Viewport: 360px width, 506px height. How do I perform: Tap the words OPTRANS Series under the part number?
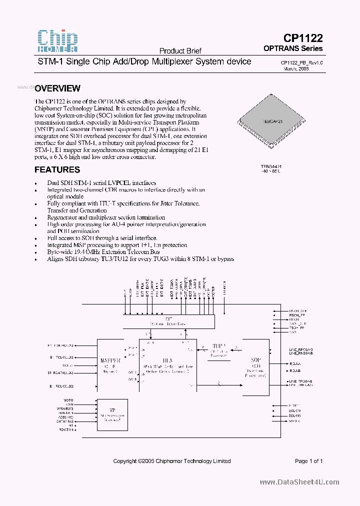coord(293,48)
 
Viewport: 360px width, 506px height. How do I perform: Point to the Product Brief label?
coord(180,51)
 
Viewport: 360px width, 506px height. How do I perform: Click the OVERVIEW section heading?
coord(57,88)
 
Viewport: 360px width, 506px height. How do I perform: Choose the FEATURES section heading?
coord(57,170)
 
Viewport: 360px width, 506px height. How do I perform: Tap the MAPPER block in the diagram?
coord(110,361)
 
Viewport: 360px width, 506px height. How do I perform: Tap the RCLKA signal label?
coord(295,363)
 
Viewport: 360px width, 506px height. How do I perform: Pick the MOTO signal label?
coord(68,400)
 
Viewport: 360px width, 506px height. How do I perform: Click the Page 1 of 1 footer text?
coord(308,461)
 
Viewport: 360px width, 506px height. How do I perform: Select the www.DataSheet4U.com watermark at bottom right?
coord(299,482)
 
